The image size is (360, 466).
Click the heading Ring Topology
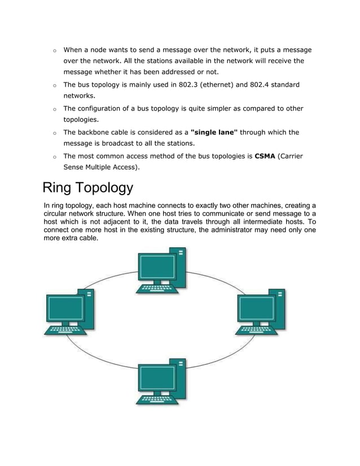(x=88, y=187)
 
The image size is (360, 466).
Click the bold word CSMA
(x=265, y=156)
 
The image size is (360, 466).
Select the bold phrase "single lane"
(x=214, y=133)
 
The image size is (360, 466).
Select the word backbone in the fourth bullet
(x=97, y=133)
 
